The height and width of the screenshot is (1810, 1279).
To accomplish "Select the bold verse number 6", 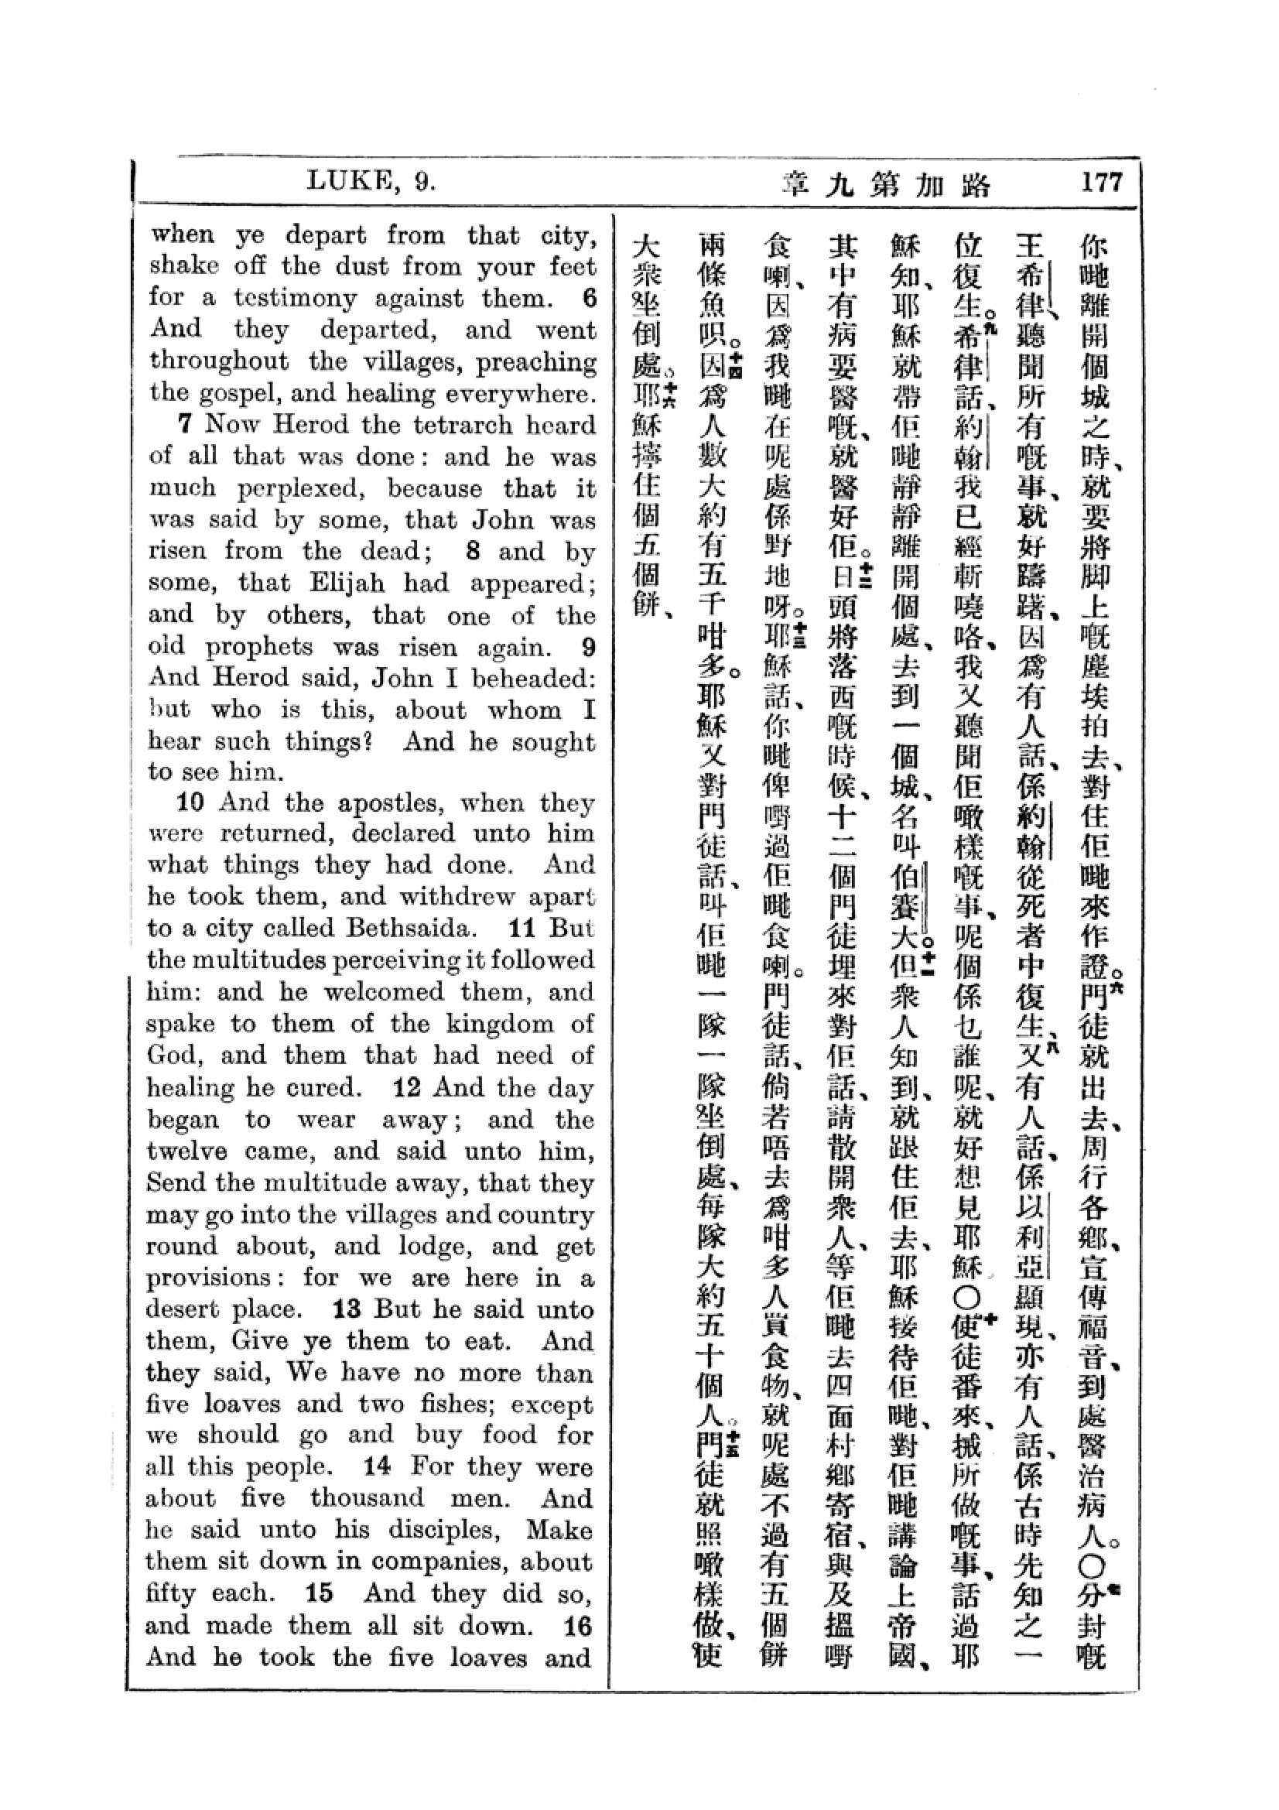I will (x=590, y=298).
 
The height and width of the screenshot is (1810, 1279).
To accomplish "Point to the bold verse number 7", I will (x=185, y=424).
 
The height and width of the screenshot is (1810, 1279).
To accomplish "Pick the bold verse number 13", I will (x=347, y=1309).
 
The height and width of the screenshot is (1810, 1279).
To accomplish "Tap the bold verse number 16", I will (x=578, y=1626).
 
